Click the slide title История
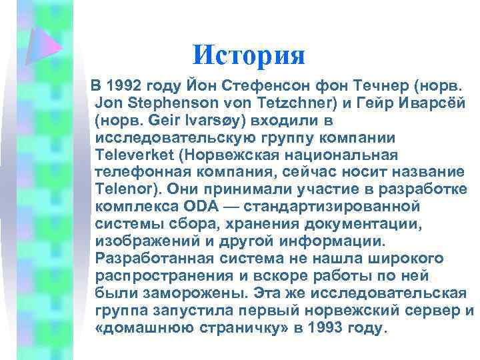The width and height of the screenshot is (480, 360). (x=248, y=55)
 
